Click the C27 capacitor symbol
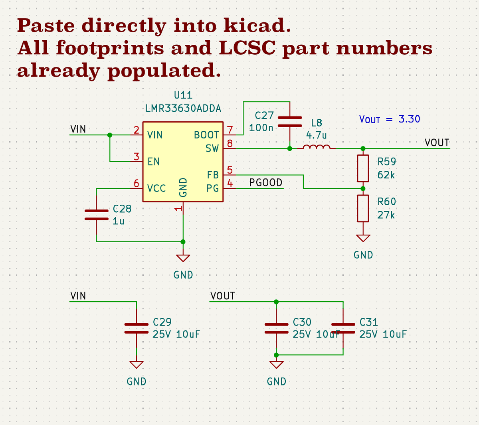[290, 122]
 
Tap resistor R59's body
[363, 168]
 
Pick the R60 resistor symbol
[363, 208]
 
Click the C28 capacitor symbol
[97, 215]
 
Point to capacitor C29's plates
[137, 328]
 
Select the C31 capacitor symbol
[343, 328]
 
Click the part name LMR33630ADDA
[183, 109]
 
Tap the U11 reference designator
[183, 95]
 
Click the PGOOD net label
[266, 182]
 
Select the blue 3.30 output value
[409, 119]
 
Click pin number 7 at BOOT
[230, 130]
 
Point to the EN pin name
[154, 162]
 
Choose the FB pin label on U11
[213, 175]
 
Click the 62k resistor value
[386, 175]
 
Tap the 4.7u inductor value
[317, 135]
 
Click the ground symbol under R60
[363, 238]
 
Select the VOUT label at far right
[437, 142]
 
